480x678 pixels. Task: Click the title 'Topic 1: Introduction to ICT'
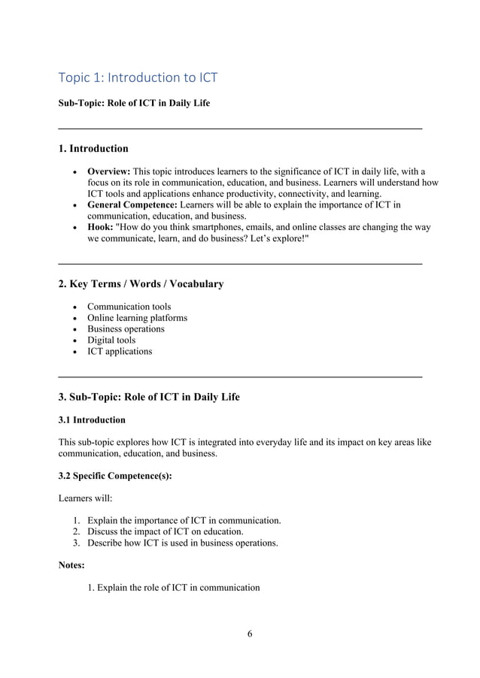(x=138, y=77)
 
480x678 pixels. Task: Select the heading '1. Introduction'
(x=93, y=148)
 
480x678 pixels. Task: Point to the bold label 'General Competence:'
(x=132, y=204)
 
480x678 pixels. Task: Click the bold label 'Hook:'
(x=100, y=227)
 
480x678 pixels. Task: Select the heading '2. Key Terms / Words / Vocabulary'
(x=141, y=283)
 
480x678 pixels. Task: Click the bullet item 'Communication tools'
(x=129, y=307)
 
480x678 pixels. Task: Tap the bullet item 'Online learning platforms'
(x=137, y=318)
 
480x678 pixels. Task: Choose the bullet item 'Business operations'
(x=126, y=329)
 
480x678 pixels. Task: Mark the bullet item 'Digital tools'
(x=111, y=341)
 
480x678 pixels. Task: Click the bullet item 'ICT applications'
(x=119, y=352)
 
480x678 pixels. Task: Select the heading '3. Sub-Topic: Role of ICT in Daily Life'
(x=149, y=396)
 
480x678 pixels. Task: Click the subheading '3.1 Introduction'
(x=92, y=419)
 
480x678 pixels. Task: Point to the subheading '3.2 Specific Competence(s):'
(x=115, y=476)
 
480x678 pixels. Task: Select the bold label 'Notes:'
(x=71, y=564)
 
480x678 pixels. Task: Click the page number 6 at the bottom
(x=250, y=633)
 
